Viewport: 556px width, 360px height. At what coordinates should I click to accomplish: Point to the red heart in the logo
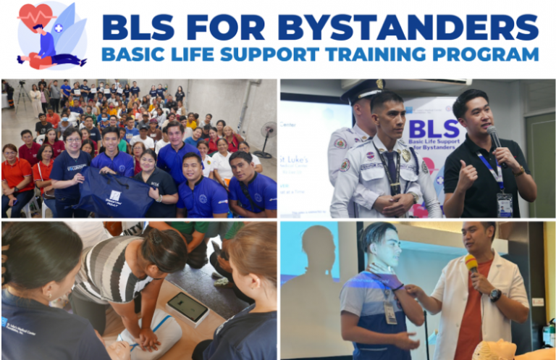click(35, 14)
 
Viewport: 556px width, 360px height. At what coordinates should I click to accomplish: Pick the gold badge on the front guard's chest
click(407, 154)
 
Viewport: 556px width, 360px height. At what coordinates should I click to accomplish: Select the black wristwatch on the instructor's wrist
click(495, 295)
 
